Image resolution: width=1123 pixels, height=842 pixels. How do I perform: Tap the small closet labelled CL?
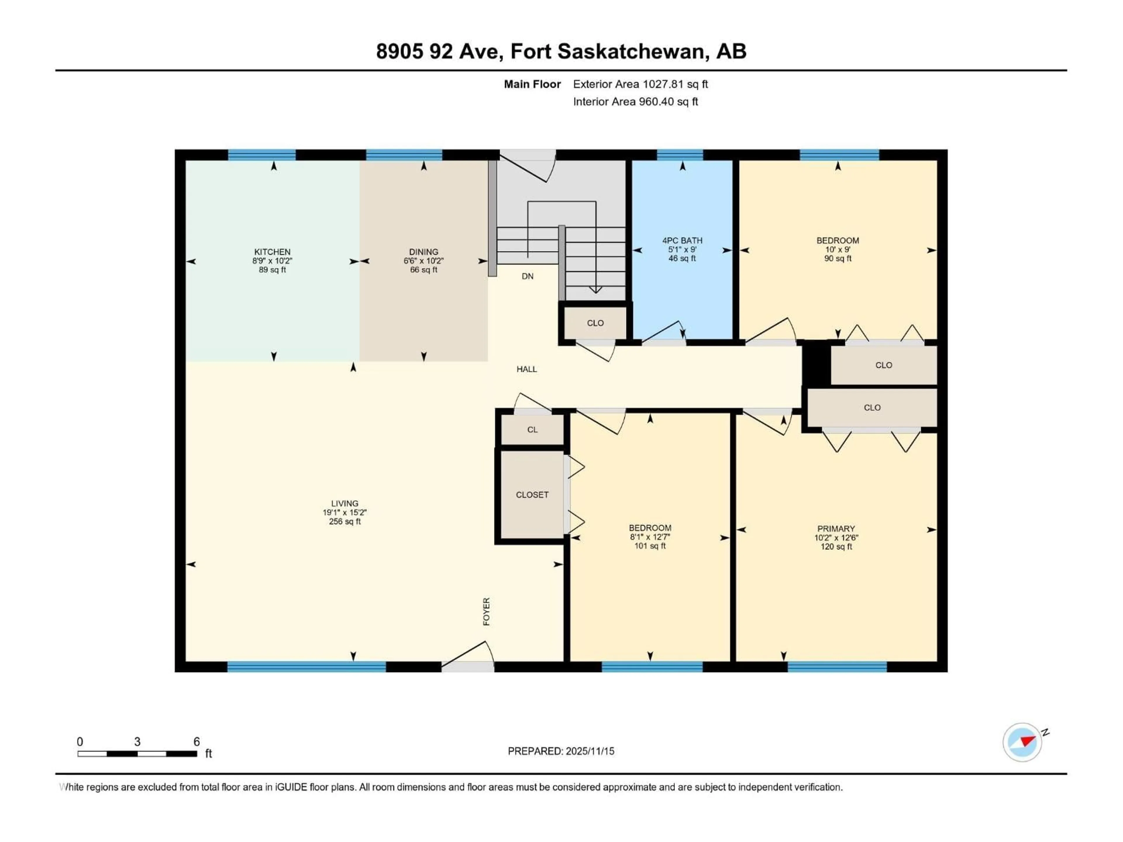pos(532,429)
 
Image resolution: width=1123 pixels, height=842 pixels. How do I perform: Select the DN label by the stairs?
pos(528,276)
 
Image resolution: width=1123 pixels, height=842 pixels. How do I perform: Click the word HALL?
pos(526,369)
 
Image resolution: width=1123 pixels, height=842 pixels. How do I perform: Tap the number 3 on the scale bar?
pos(137,741)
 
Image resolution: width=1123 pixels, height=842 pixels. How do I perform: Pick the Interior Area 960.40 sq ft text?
pos(635,101)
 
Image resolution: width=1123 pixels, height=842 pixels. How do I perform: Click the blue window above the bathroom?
pos(679,155)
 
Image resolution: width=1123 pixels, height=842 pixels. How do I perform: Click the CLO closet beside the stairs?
pos(595,323)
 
